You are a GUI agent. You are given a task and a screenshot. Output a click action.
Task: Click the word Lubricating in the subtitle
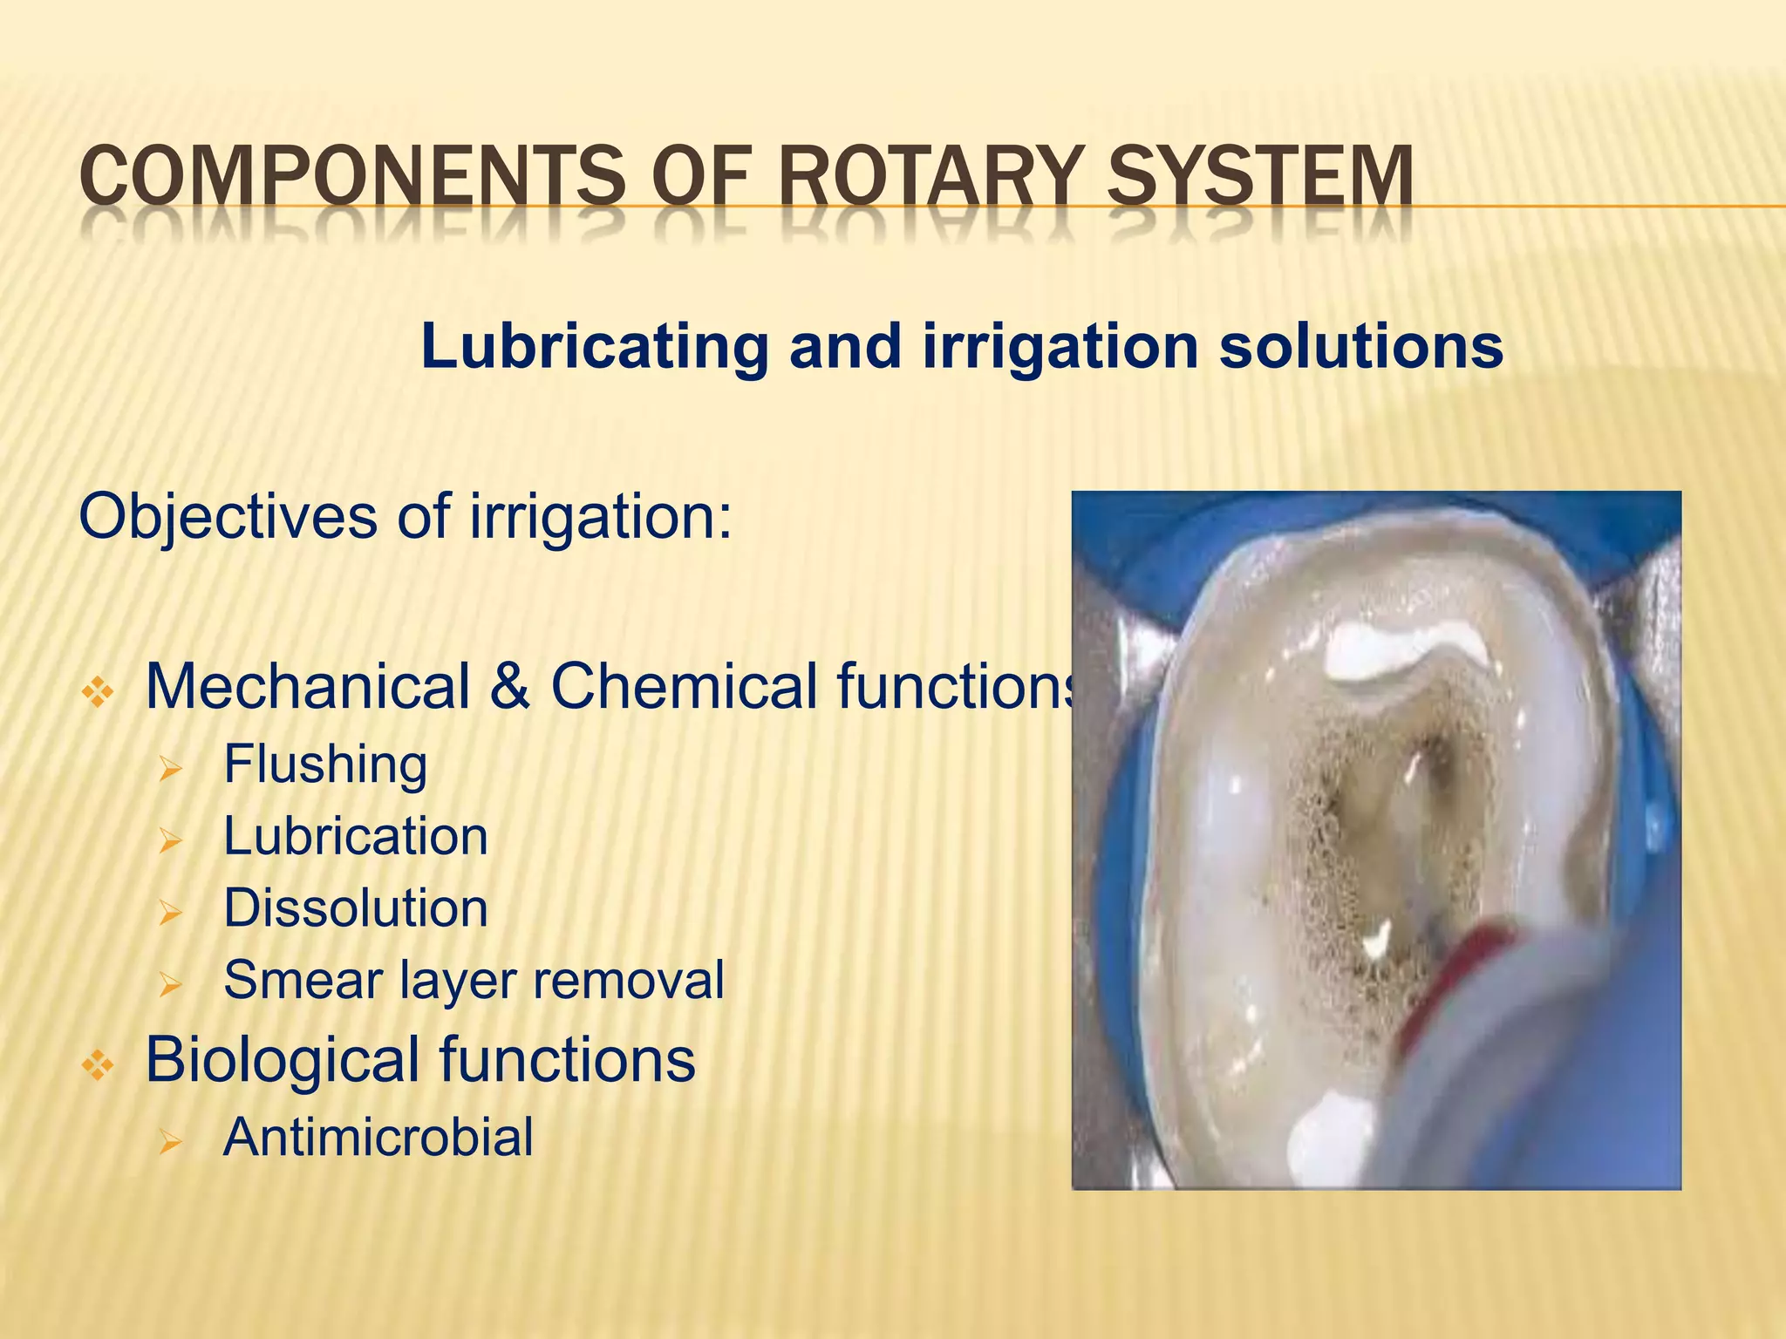[594, 347]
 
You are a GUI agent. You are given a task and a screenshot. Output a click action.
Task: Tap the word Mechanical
[307, 686]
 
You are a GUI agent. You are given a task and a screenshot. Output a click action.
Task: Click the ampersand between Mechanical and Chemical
[510, 688]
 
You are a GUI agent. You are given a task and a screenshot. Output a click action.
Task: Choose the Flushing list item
[325, 765]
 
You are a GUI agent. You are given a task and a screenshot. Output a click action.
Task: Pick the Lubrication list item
[355, 837]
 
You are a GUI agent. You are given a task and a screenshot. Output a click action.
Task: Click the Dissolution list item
[355, 908]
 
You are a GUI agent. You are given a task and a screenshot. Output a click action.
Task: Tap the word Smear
[301, 980]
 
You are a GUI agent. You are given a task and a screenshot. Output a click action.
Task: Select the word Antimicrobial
[378, 1138]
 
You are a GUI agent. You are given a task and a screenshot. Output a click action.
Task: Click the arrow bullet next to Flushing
[170, 769]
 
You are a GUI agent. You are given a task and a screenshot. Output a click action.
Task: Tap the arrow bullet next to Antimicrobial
[170, 1142]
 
